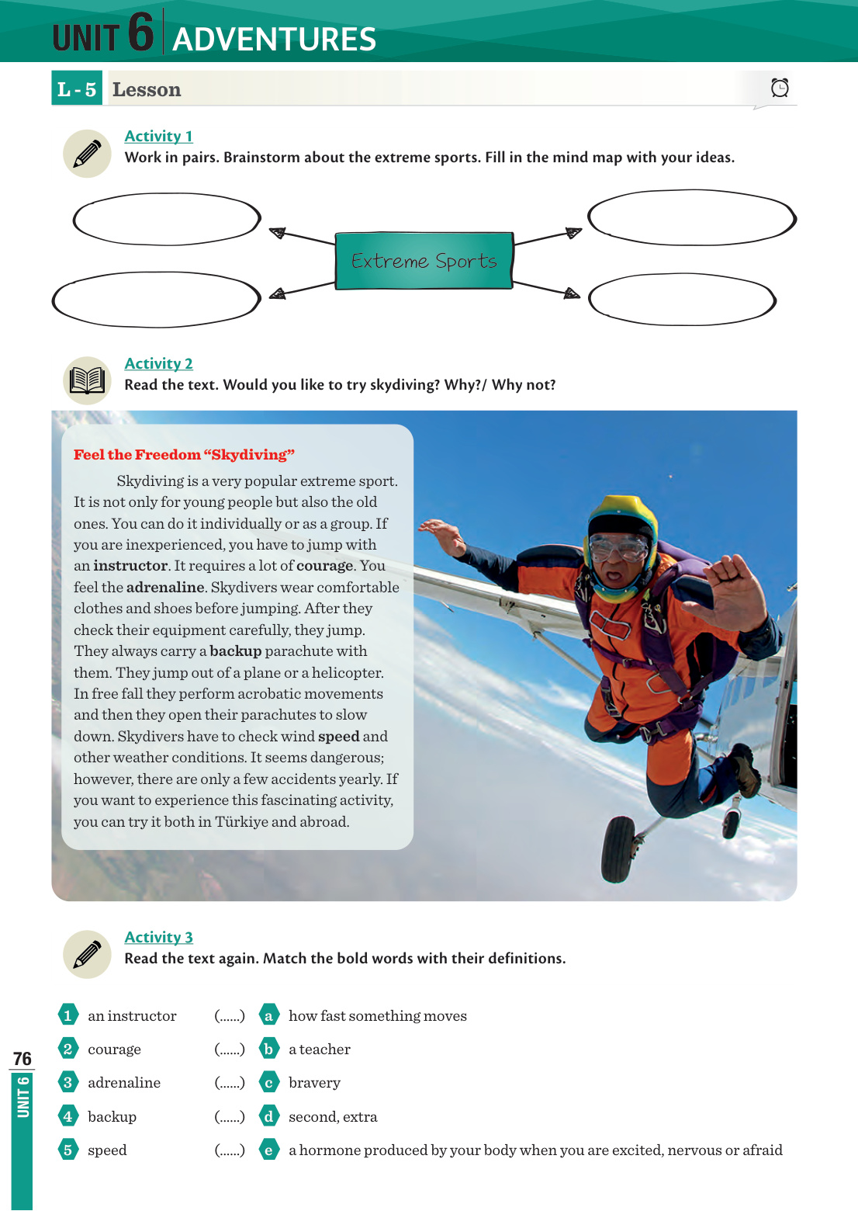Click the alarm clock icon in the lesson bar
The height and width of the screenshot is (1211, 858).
coord(780,88)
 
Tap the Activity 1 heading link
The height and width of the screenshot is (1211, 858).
coord(158,136)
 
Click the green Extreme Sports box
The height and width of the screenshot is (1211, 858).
coord(424,261)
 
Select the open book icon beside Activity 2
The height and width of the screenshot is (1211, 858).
coord(87,380)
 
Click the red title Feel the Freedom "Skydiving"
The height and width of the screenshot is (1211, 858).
coord(184,455)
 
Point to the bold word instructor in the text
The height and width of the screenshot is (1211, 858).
coord(130,566)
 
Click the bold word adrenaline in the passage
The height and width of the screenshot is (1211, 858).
coord(165,588)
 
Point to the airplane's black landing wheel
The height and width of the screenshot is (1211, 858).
coord(618,849)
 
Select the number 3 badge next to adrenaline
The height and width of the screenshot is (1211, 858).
coord(67,1083)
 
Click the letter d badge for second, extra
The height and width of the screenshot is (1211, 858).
coord(268,1117)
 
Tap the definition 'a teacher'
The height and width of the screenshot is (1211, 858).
coord(320,1050)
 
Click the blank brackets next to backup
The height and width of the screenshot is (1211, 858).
coord(230,1117)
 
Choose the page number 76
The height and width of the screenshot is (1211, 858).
coord(22,1059)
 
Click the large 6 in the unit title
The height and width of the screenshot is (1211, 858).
coord(140,33)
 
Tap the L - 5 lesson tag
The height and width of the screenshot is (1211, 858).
coord(77,89)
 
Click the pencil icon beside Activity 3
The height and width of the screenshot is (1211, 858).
coord(87,954)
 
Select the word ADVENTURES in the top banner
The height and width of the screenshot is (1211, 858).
coord(274,40)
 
